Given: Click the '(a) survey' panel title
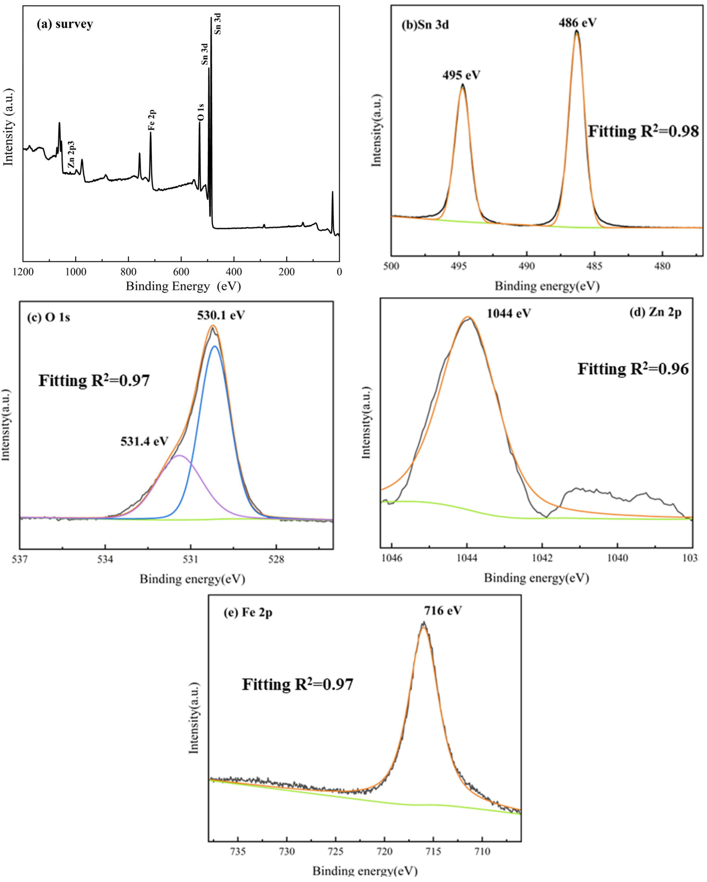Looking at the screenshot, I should click(x=65, y=24).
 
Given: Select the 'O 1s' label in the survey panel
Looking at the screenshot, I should click(x=200, y=112).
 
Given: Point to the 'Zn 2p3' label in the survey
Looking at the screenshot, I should click(x=72, y=155).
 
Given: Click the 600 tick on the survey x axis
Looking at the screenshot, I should click(x=181, y=272).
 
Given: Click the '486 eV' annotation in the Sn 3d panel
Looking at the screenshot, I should click(x=577, y=23).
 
